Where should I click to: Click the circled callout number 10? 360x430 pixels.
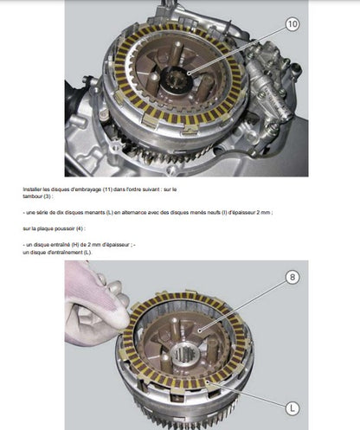click(292, 23)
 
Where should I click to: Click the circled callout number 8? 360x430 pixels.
click(292, 277)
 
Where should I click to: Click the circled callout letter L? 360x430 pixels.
click(292, 408)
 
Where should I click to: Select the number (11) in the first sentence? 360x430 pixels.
click(107, 189)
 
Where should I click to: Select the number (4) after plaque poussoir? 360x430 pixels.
click(80, 228)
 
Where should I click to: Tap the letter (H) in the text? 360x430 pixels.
click(74, 245)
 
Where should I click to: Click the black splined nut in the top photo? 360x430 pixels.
click(177, 81)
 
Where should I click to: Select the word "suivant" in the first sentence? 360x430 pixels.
click(150, 189)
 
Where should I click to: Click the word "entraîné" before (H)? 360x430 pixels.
click(60, 245)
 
